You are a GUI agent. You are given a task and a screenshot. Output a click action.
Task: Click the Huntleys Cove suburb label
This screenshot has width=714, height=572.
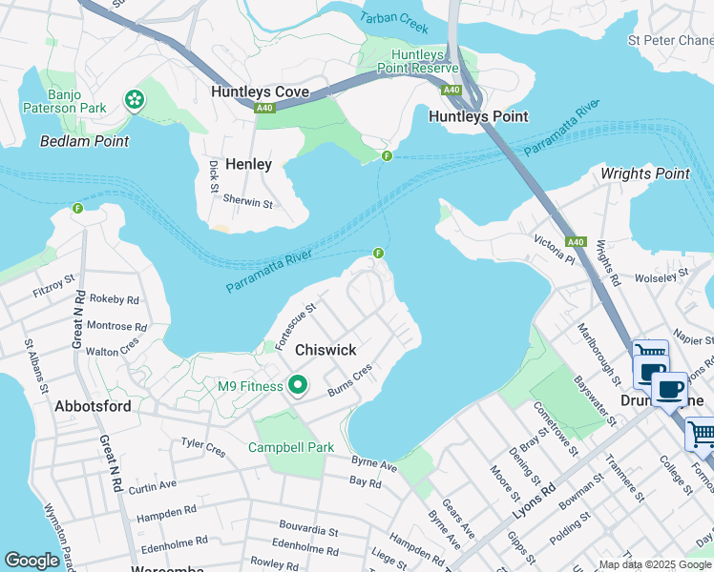coord(261,92)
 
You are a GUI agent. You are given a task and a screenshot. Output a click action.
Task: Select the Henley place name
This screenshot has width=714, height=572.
coord(248,164)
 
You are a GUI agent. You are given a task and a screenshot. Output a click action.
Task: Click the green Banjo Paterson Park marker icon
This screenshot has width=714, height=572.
coord(135,98)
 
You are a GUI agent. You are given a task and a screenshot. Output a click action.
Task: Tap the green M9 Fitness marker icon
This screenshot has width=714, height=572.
coord(298,386)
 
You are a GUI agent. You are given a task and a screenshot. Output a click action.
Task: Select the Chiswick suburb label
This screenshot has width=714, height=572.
coord(325,350)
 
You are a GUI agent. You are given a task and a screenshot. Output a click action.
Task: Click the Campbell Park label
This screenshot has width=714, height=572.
coord(291,446)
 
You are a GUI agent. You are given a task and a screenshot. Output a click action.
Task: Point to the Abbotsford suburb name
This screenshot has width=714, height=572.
coord(92,404)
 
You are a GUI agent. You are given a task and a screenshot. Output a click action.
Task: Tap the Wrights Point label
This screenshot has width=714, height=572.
coord(644,174)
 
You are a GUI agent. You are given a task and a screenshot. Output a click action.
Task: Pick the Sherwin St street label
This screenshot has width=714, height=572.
coord(247,202)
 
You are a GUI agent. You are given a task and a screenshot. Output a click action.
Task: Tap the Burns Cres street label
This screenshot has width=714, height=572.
coord(348,384)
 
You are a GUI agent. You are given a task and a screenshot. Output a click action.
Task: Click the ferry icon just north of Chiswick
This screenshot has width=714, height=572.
coord(379,254)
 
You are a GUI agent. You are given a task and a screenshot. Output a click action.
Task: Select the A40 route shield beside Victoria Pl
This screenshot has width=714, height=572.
coord(575,242)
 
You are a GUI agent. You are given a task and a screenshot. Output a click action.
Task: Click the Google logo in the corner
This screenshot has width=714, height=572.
coord(31,561)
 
